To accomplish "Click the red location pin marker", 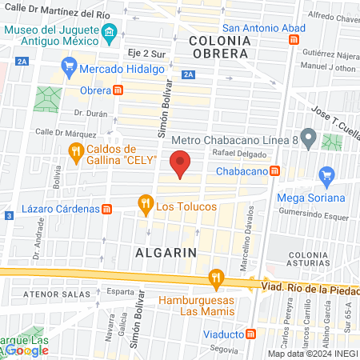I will click(181, 163).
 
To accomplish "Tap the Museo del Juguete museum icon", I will click(110, 32).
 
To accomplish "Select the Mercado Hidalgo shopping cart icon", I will click(70, 66).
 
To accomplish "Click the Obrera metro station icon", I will click(118, 90).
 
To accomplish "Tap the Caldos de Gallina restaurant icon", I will click(75, 152).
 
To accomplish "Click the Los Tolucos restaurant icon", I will click(145, 205).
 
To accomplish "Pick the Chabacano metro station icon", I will click(274, 170).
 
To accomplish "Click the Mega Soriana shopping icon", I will click(326, 175).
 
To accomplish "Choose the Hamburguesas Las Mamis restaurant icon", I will click(214, 278).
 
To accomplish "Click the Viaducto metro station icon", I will click(251, 333).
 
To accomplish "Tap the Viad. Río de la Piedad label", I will click(308, 286).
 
